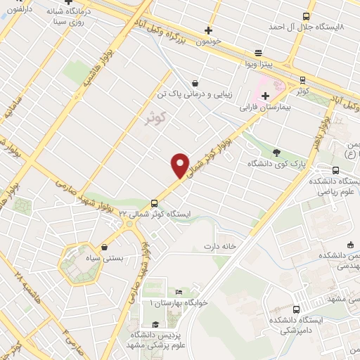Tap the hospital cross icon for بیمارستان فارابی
[264, 96]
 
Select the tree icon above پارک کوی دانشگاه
[276, 151]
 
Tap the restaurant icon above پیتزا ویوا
[258, 53]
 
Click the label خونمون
[208, 41]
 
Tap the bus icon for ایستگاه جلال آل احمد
[305, 15]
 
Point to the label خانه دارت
[218, 246]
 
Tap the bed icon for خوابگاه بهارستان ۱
[179, 291]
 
